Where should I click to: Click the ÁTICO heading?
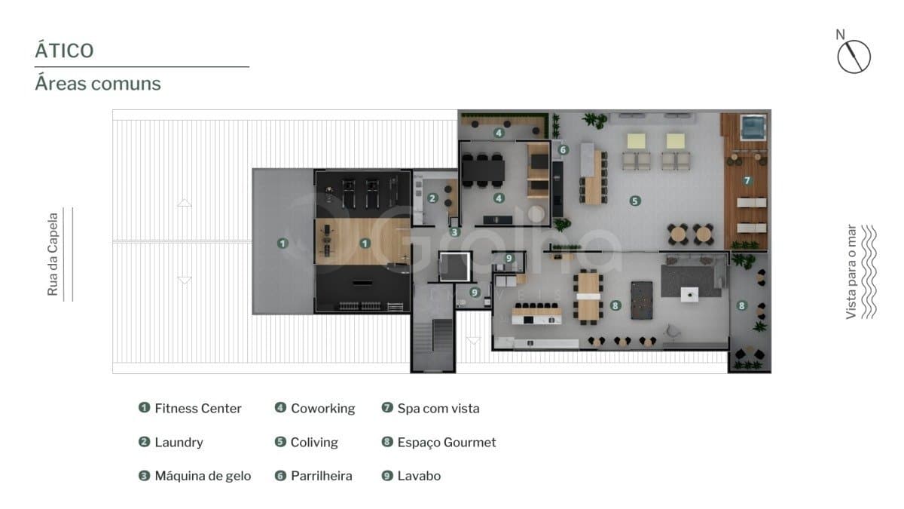[64, 51]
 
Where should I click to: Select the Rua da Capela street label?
[53, 254]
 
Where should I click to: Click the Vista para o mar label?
[851, 272]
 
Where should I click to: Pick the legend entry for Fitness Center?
[190, 408]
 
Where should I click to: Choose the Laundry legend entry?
[171, 442]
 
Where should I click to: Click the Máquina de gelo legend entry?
[194, 476]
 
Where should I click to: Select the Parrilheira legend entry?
[313, 476]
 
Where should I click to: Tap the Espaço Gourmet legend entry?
[438, 442]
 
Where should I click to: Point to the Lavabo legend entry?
[411, 476]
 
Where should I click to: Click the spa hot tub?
[753, 127]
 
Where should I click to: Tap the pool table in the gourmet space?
[642, 300]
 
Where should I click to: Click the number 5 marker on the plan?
[635, 201]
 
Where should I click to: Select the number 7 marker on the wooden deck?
[747, 180]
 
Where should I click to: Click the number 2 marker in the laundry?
[432, 198]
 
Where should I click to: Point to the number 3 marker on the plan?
[454, 232]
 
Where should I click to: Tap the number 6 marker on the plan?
[563, 150]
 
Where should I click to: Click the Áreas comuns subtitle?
[98, 84]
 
